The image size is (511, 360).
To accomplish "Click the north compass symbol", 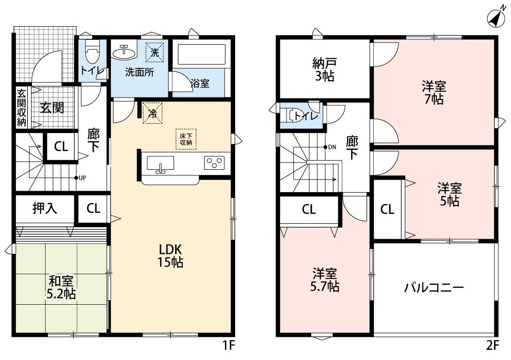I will click(x=495, y=17).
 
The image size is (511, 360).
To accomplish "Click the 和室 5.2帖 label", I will click(x=61, y=287).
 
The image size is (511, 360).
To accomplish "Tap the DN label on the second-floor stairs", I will click(x=330, y=147).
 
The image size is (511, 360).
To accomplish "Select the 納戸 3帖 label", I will click(x=324, y=69).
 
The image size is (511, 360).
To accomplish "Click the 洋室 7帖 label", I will click(x=433, y=92).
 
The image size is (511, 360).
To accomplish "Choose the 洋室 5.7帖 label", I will click(x=324, y=279).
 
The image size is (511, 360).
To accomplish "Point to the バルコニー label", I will click(x=434, y=288).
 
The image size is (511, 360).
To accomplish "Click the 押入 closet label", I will click(x=45, y=209).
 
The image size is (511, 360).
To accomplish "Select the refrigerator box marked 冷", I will click(x=152, y=114).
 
